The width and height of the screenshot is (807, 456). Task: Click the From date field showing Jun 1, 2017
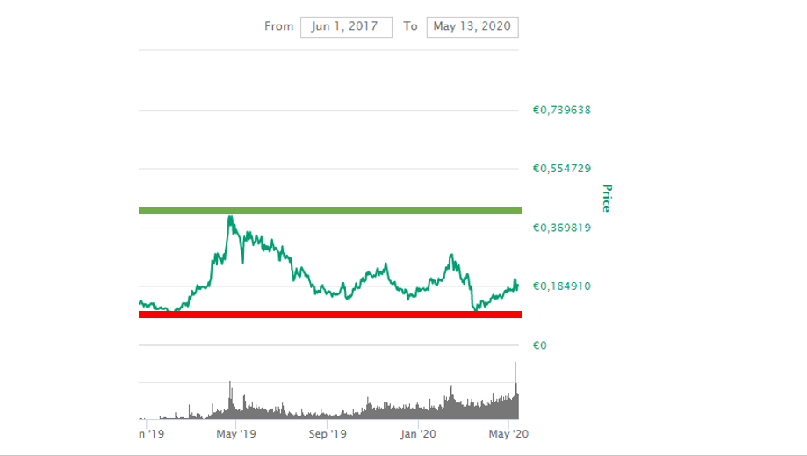coord(345,26)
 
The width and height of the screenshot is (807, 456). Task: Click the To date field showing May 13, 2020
coord(472,26)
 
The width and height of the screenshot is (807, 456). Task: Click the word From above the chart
coord(278,26)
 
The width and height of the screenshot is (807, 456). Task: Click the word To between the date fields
coord(410,26)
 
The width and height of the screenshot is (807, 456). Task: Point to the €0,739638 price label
coord(561,111)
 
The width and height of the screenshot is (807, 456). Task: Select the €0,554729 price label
coord(561,169)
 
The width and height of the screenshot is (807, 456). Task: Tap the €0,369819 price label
coord(561,228)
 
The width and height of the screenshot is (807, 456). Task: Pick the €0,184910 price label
coord(561,286)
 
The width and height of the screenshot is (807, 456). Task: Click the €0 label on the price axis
coord(541,345)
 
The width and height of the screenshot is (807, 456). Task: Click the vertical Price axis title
coord(605,198)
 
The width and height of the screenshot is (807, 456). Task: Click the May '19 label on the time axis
coord(235,433)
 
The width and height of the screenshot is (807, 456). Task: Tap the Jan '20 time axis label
coord(419,433)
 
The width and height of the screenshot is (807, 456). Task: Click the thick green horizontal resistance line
coord(329,210)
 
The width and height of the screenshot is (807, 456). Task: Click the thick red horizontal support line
coord(329,314)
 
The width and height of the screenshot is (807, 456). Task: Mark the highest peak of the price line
coord(230,216)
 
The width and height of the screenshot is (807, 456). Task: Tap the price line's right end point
coord(518,284)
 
